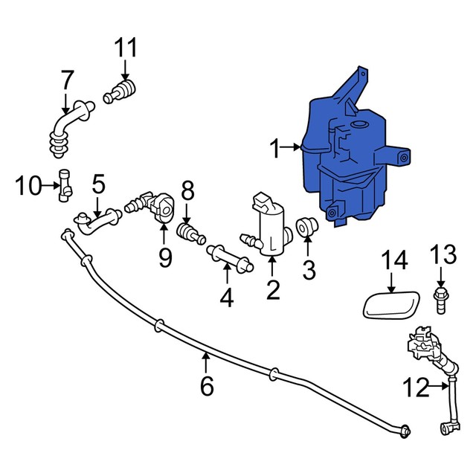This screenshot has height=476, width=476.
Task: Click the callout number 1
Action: (x=276, y=150)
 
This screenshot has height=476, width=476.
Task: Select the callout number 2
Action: (x=273, y=288)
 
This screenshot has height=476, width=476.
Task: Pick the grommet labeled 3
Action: (x=305, y=225)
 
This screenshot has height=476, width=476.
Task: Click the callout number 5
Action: (x=98, y=182)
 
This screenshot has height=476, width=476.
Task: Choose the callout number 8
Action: (x=187, y=190)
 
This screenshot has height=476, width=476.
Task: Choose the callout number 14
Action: (x=395, y=260)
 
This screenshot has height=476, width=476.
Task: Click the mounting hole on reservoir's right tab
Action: (x=405, y=158)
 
